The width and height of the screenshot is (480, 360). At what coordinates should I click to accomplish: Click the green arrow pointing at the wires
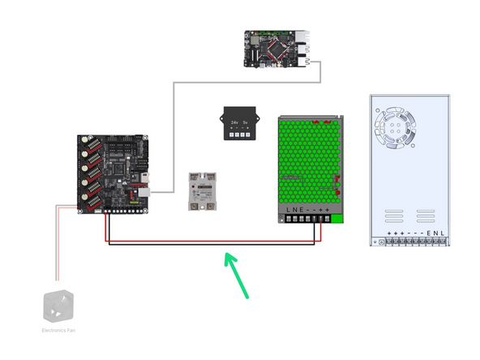tap(236, 273)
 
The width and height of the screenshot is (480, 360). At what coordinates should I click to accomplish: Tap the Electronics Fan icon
tap(58, 307)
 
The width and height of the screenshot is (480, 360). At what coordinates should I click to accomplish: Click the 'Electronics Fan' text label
tap(58, 330)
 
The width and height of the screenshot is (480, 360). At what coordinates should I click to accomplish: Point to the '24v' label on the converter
tap(234, 122)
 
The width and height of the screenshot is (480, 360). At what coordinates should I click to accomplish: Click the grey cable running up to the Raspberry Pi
tap(174, 130)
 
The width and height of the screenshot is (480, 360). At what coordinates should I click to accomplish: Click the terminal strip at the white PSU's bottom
tap(414, 242)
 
